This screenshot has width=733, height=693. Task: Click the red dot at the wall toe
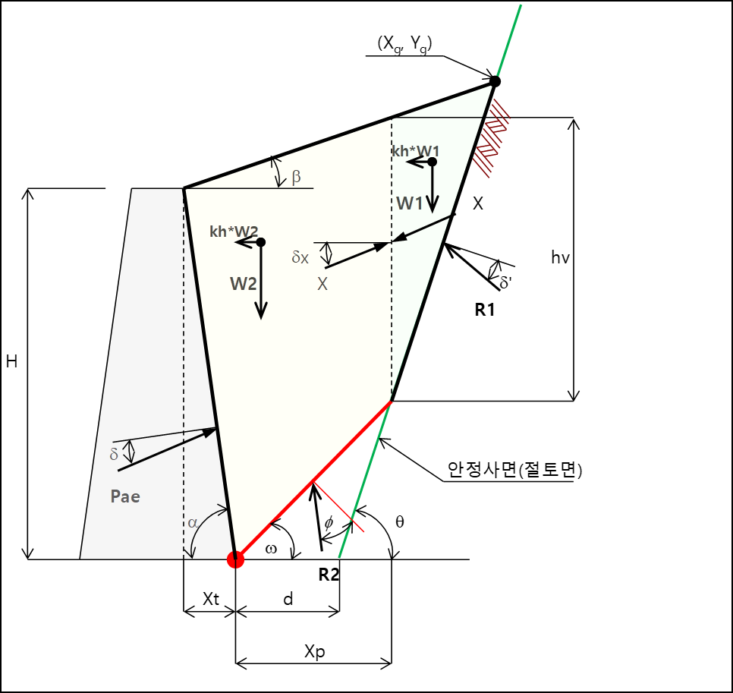pyautogui.click(x=235, y=559)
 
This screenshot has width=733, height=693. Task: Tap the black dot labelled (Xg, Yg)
pyautogui.click(x=495, y=80)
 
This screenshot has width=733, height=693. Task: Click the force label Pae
pyautogui.click(x=125, y=496)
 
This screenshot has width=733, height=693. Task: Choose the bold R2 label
pyautogui.click(x=329, y=575)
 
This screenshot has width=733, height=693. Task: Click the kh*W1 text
pyautogui.click(x=415, y=152)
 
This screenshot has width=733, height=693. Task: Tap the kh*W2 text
pyautogui.click(x=233, y=232)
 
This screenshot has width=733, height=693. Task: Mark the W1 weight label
pyautogui.click(x=409, y=203)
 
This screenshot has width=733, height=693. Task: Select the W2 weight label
pyautogui.click(x=244, y=283)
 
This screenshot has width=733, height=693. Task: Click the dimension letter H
pyautogui.click(x=11, y=363)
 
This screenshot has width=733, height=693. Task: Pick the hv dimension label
pyautogui.click(x=561, y=257)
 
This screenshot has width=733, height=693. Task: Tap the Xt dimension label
pyautogui.click(x=210, y=599)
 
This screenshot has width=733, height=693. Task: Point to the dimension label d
pyautogui.click(x=288, y=599)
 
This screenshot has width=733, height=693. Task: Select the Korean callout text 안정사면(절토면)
pyautogui.click(x=514, y=471)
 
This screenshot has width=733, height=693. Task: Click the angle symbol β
pyautogui.click(x=296, y=178)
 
